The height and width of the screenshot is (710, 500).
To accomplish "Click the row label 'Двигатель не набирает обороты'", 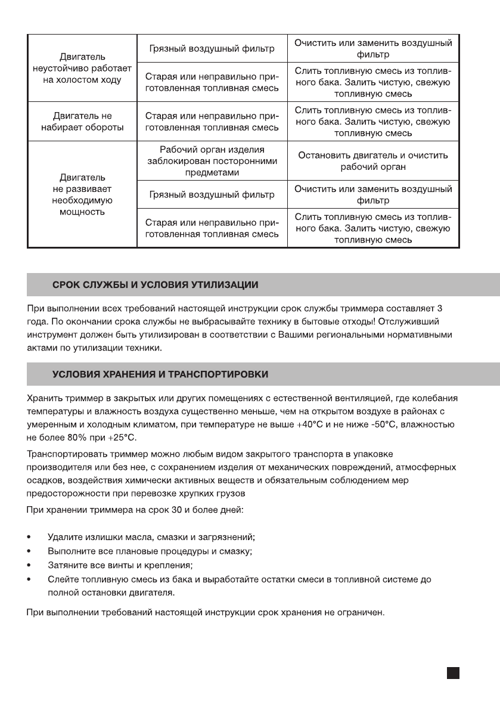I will point(83,122).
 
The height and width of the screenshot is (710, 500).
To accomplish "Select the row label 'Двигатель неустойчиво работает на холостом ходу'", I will point(83,69).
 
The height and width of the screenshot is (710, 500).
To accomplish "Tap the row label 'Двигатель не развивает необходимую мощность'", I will point(83,194).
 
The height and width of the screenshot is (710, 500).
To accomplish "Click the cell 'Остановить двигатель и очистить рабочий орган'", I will point(373,161).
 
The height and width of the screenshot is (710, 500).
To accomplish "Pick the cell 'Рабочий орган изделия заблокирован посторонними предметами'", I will point(212,161).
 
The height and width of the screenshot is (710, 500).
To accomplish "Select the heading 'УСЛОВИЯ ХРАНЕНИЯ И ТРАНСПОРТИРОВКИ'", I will point(160,374).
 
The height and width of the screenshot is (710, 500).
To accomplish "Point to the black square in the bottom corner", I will point(453,672).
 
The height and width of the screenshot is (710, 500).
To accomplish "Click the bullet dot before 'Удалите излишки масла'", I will point(30,538).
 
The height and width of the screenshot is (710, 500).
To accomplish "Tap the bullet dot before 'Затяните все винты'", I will point(30,565).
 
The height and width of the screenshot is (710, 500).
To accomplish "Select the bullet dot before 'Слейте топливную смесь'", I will point(30,579).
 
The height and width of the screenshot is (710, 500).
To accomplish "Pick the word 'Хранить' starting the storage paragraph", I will point(46,396).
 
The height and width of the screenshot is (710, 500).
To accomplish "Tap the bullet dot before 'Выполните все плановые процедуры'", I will point(30,551).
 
